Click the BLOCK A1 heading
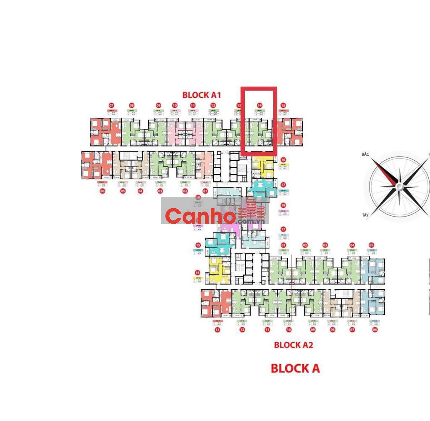pos(201,94)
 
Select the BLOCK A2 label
pos(294,345)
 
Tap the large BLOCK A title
pos(295,369)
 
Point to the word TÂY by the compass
pos(365,215)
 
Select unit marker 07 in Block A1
pos(111,105)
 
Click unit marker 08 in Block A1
pos(132,105)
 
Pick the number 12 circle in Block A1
pos(213,105)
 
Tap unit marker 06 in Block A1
pos(102,191)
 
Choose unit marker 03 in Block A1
pos(160,191)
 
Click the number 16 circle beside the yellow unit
pos(283,160)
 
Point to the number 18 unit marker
pos(283,205)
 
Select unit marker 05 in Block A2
pos(371,245)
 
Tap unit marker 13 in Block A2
pos(217,330)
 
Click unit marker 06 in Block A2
pos(375,330)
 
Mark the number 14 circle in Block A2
pos(197,272)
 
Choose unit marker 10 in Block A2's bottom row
pos(288,330)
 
